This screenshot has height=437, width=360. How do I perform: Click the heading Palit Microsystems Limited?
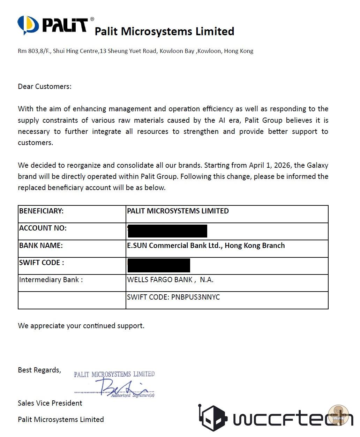tap(164, 31)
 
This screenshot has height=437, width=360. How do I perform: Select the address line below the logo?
tap(135, 51)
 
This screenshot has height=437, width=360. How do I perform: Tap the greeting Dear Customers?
tap(45, 86)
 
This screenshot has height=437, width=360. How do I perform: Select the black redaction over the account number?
tap(168, 231)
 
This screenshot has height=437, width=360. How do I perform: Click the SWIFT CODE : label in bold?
tap(42, 263)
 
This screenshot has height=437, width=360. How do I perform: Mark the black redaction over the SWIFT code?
tap(159, 265)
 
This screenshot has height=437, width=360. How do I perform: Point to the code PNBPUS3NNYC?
tap(195, 297)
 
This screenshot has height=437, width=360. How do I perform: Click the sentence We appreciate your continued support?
tap(81, 326)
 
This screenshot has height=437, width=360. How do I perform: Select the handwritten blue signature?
tap(119, 386)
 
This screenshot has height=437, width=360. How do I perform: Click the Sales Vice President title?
tap(50, 403)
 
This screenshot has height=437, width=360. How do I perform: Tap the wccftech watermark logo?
tap(276, 417)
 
